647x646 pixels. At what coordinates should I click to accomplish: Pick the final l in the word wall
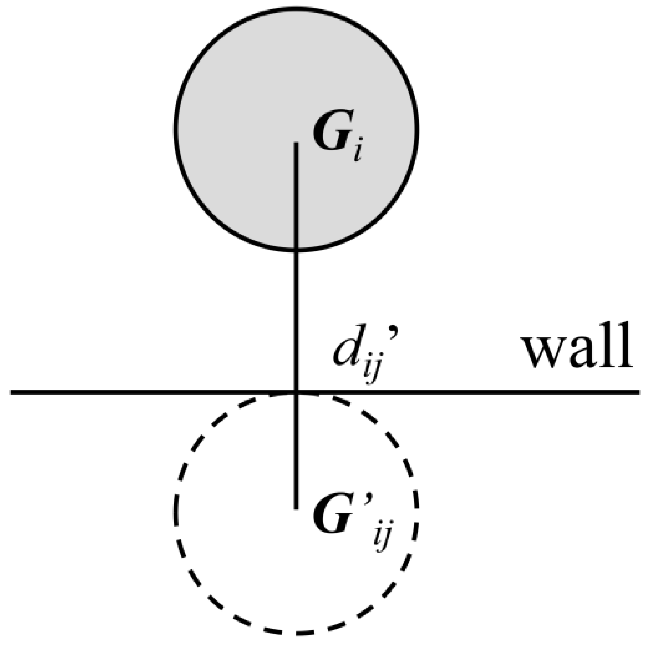(626, 347)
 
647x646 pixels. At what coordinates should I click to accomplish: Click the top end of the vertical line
(297, 143)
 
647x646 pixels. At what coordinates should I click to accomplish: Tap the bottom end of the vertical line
(297, 508)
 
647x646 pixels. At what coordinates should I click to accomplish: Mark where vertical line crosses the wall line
(297, 392)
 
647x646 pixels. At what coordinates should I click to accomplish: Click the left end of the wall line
(11, 392)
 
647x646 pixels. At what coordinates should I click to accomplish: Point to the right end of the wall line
(638, 392)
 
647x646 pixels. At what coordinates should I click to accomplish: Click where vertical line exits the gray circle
(297, 250)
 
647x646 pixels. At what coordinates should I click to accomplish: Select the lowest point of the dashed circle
(296, 634)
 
